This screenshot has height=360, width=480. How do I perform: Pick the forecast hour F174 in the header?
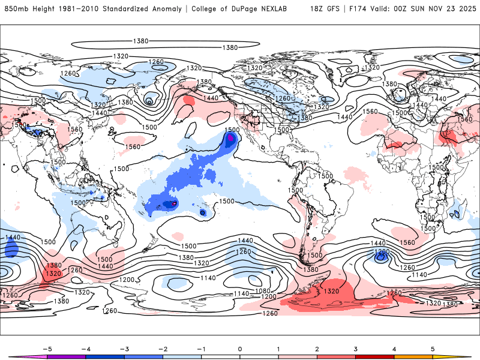tap(359, 9)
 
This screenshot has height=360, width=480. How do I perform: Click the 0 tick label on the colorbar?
tap(240, 348)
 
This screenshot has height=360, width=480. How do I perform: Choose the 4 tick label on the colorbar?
tap(394, 348)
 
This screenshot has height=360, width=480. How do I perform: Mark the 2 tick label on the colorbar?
tap(317, 348)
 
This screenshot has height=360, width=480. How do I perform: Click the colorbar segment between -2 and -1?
tap(182, 356)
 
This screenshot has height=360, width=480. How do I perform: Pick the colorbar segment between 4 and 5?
tap(413, 356)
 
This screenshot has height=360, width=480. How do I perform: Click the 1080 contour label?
tap(262, 290)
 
